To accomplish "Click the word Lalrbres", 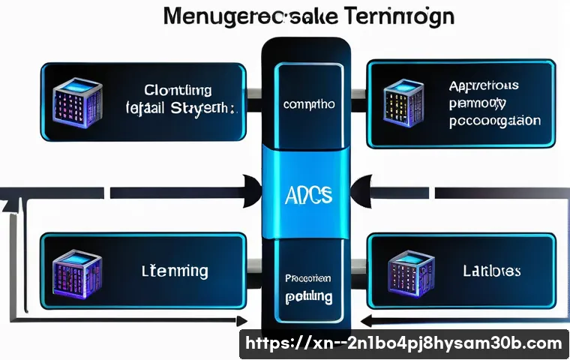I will (492, 270).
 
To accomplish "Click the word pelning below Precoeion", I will (308, 297).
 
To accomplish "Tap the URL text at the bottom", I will (403, 343).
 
